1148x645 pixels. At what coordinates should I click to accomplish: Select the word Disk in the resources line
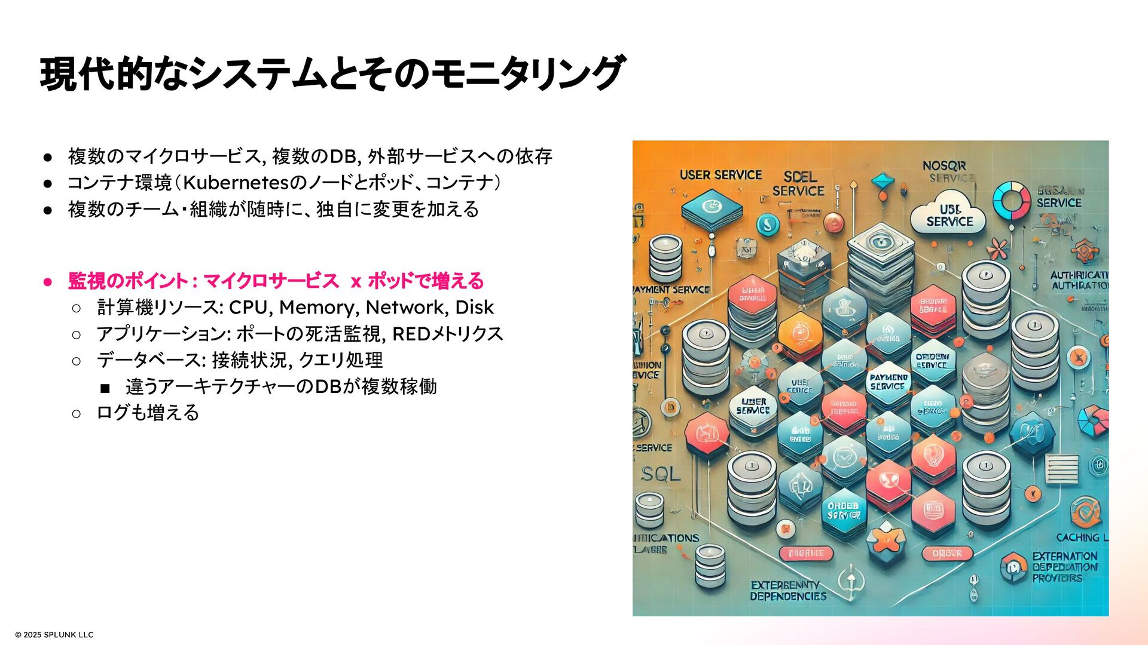click(474, 308)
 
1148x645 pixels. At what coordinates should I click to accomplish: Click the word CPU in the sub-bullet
click(248, 308)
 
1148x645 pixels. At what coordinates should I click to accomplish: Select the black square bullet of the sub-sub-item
click(105, 389)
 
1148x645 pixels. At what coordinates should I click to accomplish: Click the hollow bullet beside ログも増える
click(76, 413)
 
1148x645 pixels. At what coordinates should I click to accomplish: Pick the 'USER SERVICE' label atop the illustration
click(720, 175)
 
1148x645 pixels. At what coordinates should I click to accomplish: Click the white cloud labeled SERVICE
click(948, 216)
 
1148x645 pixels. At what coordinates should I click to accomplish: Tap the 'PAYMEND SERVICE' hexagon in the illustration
click(888, 382)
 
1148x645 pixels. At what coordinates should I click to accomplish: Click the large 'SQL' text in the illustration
click(661, 475)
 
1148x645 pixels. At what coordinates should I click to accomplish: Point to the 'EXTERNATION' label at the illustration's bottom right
click(1064, 556)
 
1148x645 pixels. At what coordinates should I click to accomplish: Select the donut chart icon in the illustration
click(1011, 199)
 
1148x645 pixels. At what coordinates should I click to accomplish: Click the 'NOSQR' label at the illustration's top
click(944, 165)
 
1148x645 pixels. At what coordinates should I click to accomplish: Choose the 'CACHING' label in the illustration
click(1077, 537)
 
